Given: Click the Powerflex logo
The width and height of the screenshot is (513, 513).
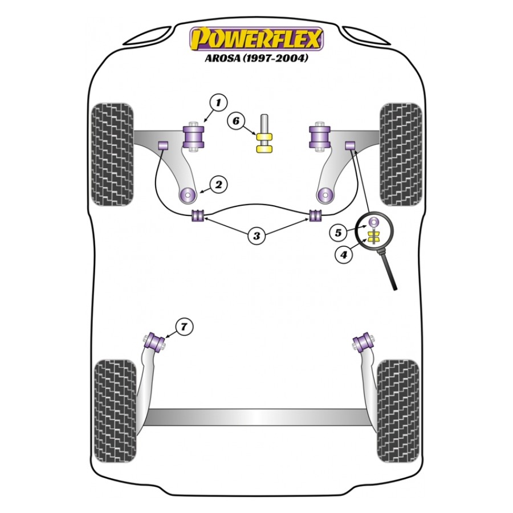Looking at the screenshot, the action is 256,39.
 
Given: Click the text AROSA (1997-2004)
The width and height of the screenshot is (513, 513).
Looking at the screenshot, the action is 256,58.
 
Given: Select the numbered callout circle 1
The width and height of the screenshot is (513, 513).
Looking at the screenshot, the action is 218,103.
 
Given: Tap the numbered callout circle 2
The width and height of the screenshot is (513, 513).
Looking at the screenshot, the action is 218,185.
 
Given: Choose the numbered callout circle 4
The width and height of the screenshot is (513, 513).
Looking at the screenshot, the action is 344,254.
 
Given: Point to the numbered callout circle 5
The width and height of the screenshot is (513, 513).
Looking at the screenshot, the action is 337,233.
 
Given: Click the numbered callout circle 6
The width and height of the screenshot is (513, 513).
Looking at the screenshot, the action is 236,121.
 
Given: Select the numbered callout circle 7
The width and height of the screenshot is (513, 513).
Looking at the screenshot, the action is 184,327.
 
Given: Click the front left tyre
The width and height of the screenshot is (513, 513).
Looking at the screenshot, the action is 112,154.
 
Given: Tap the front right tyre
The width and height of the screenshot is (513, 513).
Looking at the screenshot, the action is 401,154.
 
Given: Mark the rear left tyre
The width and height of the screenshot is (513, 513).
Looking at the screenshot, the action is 115,411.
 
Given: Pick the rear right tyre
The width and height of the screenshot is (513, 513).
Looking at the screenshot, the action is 398,411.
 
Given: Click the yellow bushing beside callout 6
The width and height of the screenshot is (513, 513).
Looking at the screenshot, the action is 264,143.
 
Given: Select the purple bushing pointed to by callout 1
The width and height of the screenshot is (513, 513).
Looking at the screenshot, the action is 193,136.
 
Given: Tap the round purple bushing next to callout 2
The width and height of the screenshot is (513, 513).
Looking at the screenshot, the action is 188,196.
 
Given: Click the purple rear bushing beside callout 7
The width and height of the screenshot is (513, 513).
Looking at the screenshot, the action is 156,342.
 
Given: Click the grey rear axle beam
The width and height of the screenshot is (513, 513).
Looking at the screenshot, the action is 256,417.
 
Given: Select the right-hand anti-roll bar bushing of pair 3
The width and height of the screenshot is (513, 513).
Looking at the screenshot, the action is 316,215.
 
